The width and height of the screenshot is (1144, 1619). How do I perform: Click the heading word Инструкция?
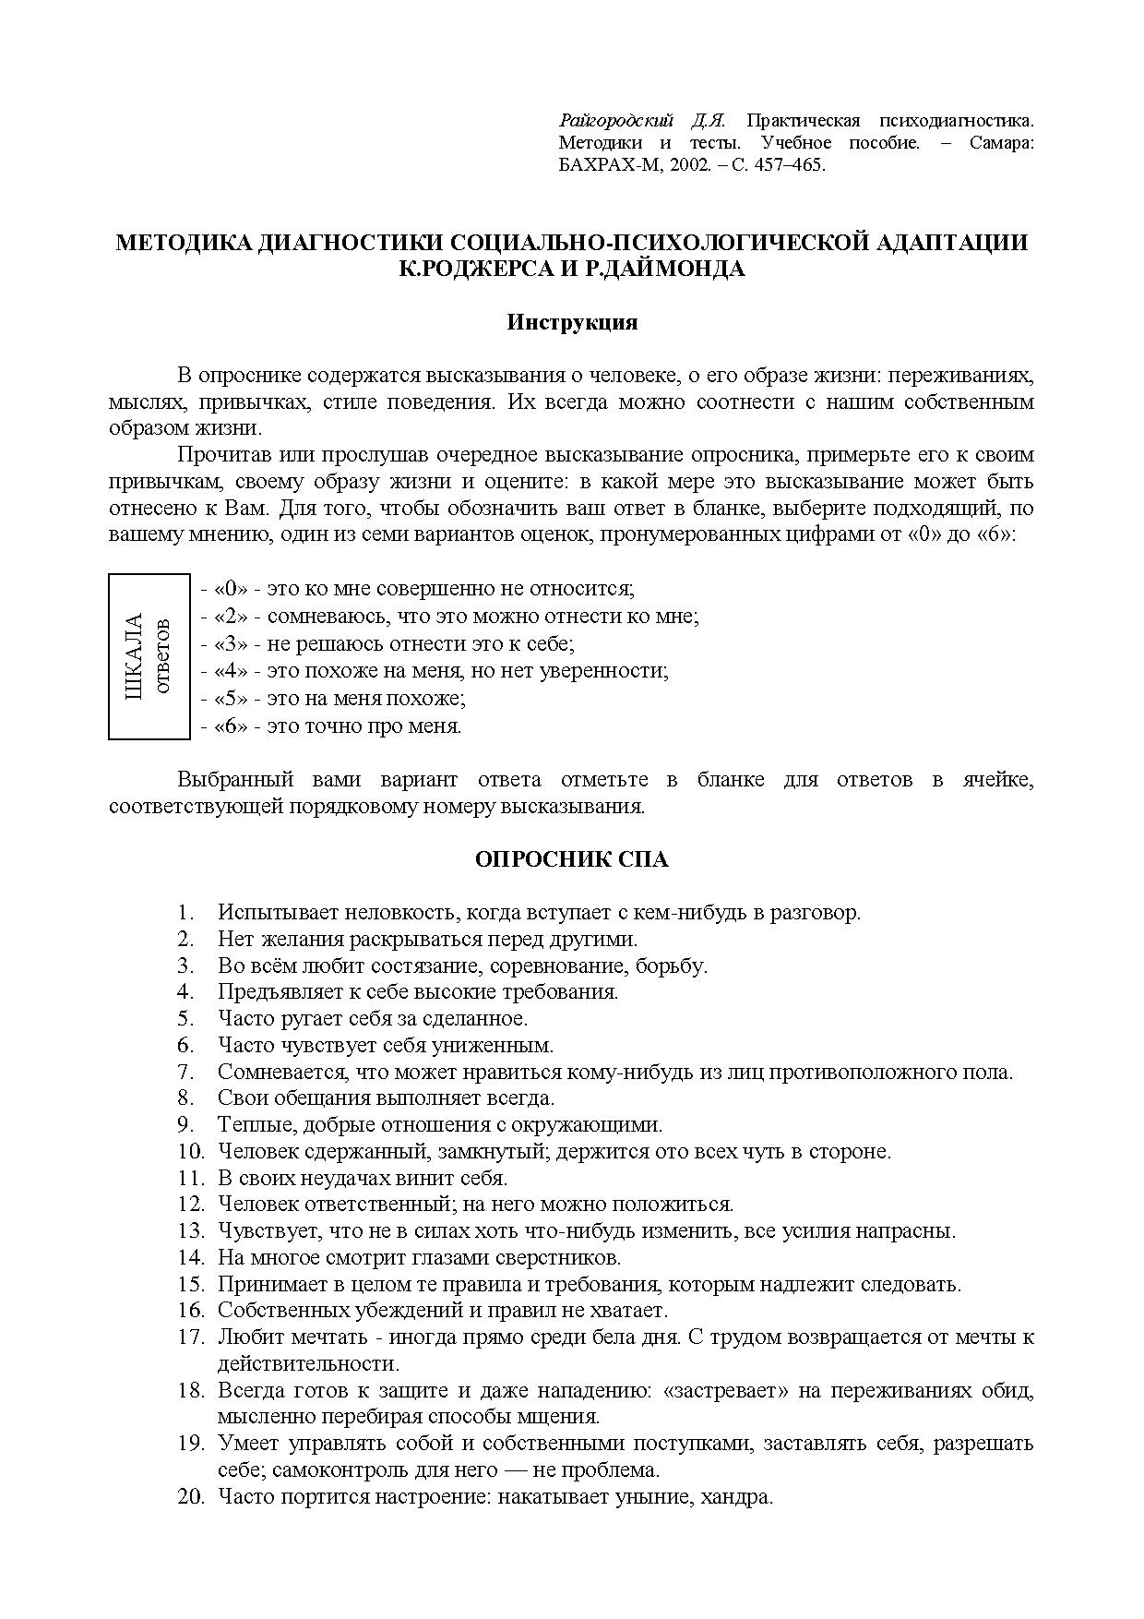(x=572, y=323)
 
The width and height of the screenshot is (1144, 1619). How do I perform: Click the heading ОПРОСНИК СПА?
(x=571, y=859)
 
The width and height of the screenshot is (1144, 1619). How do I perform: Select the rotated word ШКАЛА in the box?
(x=135, y=656)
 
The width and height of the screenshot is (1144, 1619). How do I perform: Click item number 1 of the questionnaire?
(x=185, y=913)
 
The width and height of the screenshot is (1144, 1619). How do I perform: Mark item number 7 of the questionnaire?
(x=185, y=1073)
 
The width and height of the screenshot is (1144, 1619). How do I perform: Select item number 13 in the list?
(x=190, y=1231)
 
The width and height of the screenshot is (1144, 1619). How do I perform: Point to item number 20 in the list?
(x=190, y=1497)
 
